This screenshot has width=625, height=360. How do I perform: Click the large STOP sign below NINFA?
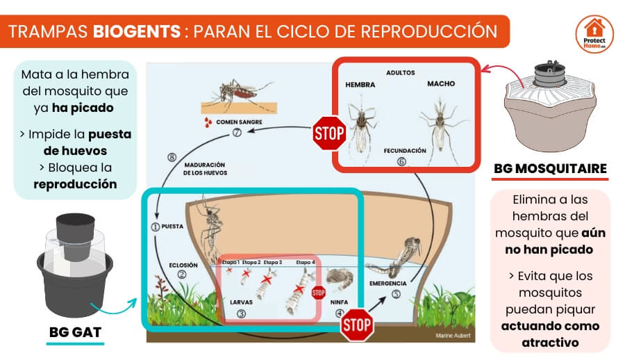pos(357,324)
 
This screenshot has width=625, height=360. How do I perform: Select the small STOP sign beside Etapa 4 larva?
pos(319,292)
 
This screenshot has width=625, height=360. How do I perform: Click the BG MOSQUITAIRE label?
pos(550,169)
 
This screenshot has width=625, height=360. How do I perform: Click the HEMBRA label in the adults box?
pos(360,85)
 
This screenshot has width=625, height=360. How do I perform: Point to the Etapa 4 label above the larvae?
pos(304,262)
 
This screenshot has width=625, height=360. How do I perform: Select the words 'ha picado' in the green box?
pos(92,108)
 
